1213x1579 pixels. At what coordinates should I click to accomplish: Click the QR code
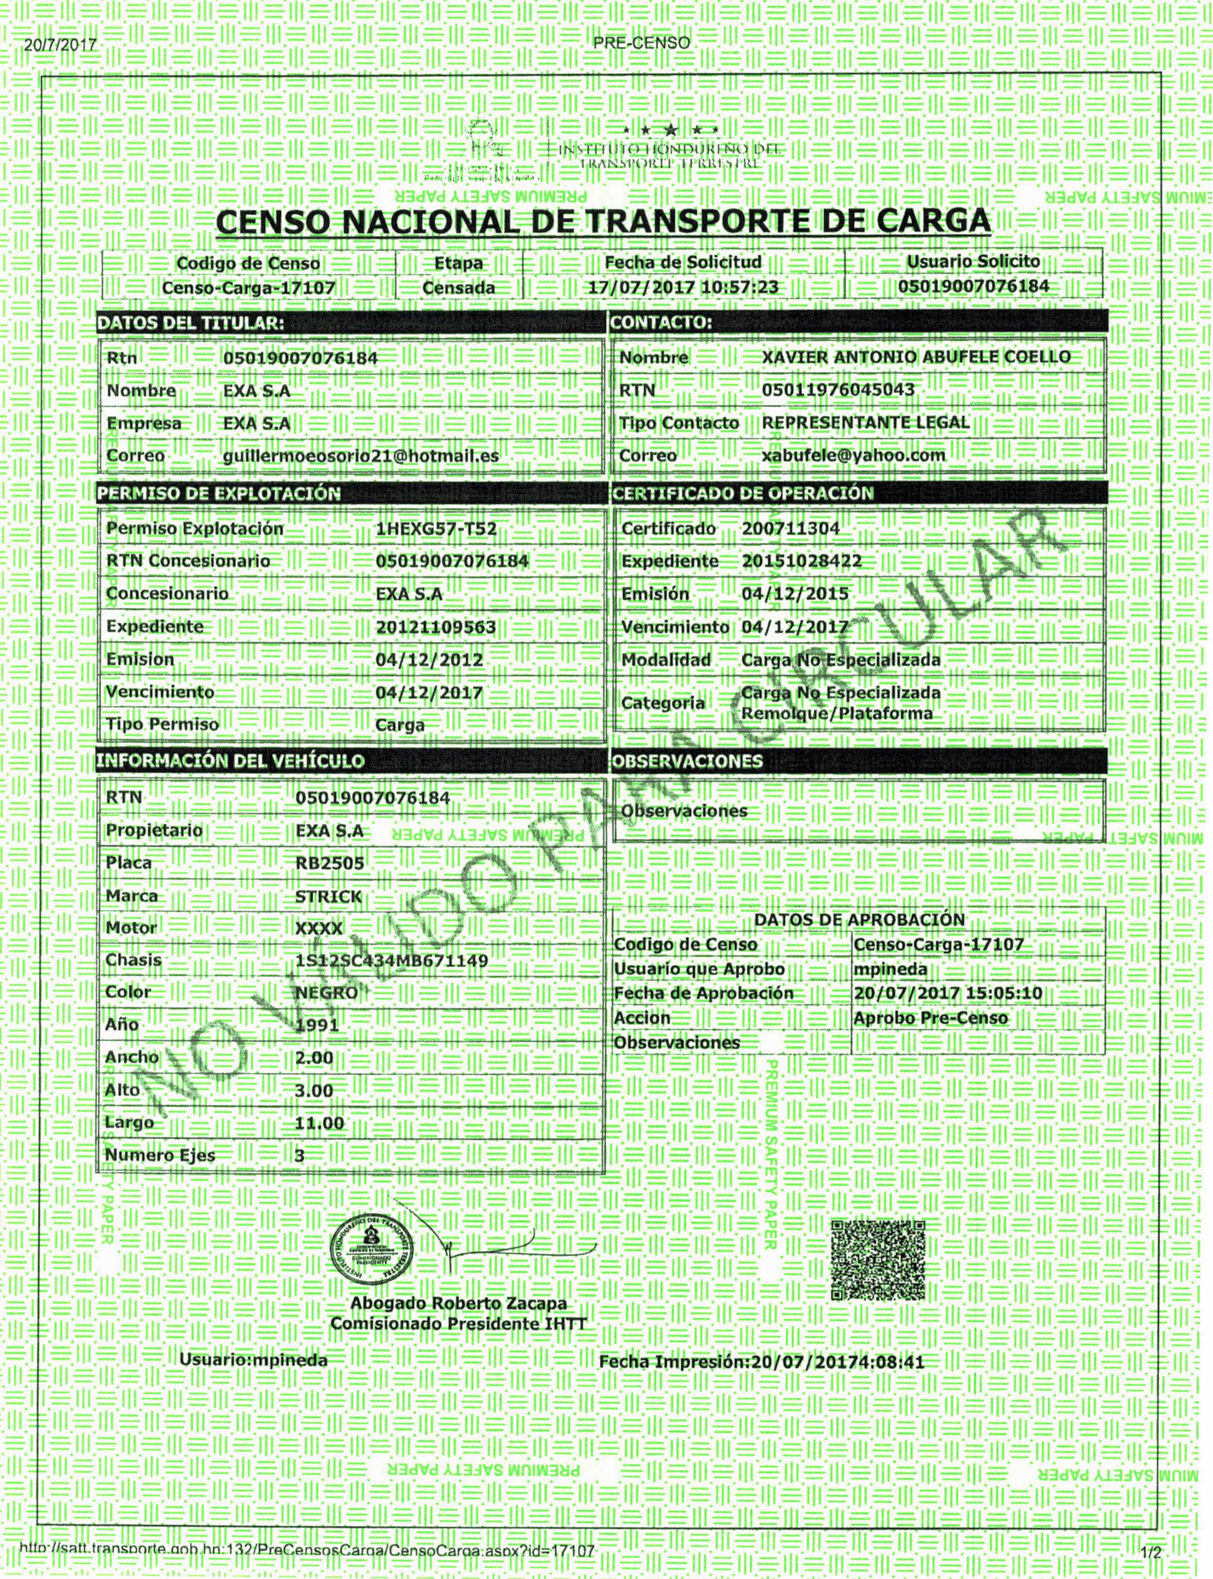877,1260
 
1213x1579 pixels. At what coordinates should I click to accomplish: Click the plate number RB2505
330,864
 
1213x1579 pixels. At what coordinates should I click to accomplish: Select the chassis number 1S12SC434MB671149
392,961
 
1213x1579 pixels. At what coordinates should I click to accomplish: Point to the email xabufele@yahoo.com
854,456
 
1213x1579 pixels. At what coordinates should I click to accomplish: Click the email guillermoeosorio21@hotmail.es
360,456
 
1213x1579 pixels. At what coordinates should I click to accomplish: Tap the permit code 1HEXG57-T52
436,528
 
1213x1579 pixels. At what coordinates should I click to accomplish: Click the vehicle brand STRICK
328,897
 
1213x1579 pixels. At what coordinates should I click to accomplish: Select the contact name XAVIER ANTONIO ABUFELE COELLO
916,357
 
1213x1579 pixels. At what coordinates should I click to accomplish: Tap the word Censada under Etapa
459,288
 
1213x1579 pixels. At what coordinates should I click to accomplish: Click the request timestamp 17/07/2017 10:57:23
683,288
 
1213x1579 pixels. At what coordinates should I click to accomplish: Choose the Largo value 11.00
319,1123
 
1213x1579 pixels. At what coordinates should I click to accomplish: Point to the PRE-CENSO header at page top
641,43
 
